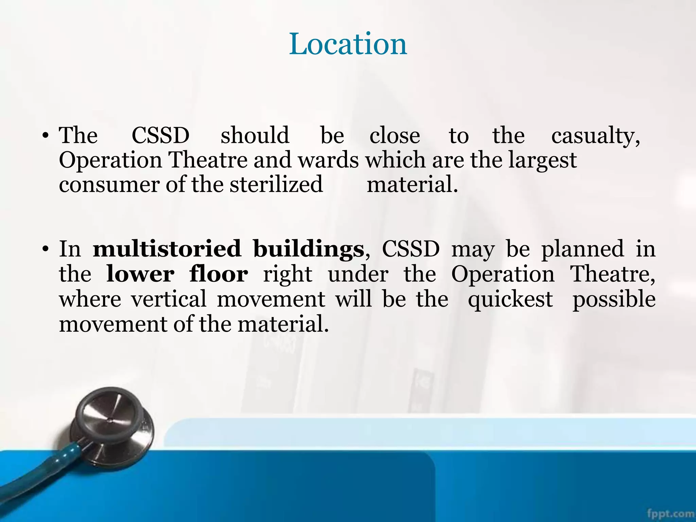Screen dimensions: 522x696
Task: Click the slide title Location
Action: tap(348, 44)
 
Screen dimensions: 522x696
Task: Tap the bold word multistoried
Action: tap(167, 249)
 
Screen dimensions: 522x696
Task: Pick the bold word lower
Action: tap(140, 274)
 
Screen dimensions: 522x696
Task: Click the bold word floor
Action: tap(219, 274)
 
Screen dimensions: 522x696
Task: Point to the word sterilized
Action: tap(276, 185)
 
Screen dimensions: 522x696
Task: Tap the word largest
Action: tap(542, 160)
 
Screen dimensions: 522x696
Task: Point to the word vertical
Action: tap(169, 299)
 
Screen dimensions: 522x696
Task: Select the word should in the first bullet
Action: tap(255, 135)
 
